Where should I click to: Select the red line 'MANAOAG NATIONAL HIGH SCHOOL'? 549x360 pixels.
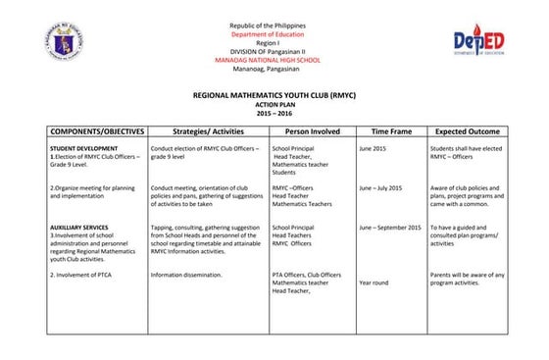tap(267, 59)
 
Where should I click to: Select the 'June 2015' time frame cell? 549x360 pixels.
tap(373, 148)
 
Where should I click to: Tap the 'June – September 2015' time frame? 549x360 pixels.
tap(390, 228)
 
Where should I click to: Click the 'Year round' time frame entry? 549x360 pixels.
tap(374, 283)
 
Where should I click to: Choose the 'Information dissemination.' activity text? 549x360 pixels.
tap(186, 275)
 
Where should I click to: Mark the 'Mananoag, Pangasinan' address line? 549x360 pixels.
tap(267, 68)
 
